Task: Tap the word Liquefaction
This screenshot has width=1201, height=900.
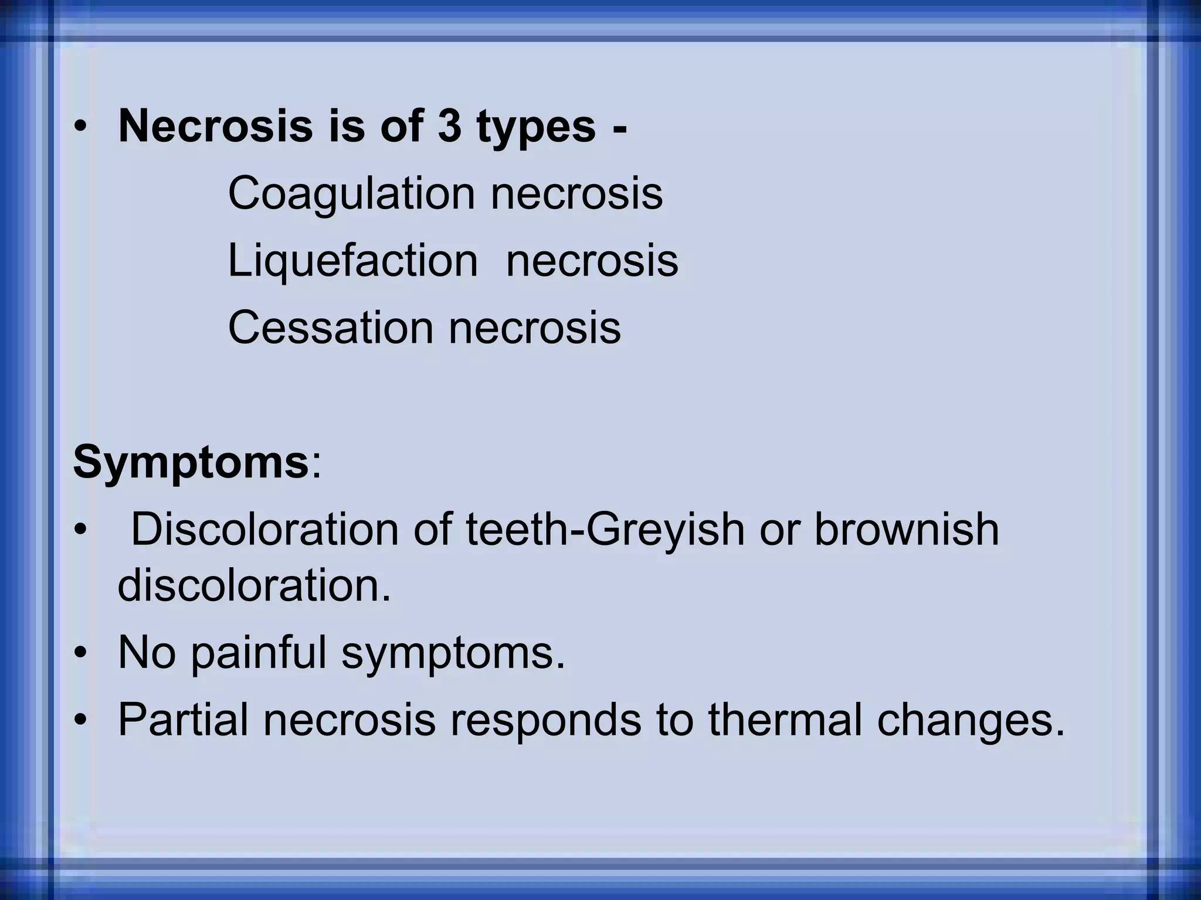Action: (x=352, y=261)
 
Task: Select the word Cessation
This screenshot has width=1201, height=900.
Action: (x=330, y=327)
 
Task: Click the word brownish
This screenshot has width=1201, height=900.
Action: (x=907, y=529)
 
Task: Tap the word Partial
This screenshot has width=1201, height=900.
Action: (x=183, y=720)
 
